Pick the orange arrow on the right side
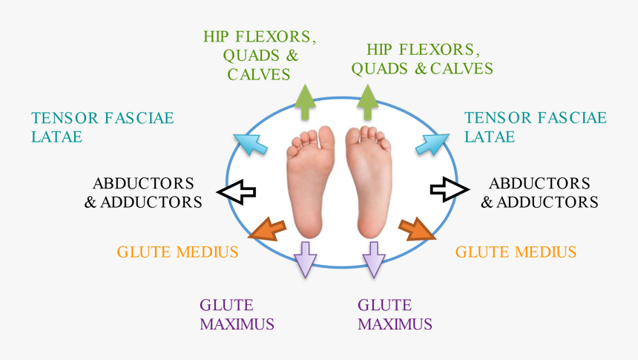(x=418, y=229)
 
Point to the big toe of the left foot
(x=325, y=135)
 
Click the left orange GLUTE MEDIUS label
(x=177, y=252)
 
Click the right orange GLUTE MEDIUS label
(x=516, y=252)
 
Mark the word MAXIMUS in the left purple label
(x=237, y=324)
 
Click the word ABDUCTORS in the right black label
(x=539, y=183)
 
